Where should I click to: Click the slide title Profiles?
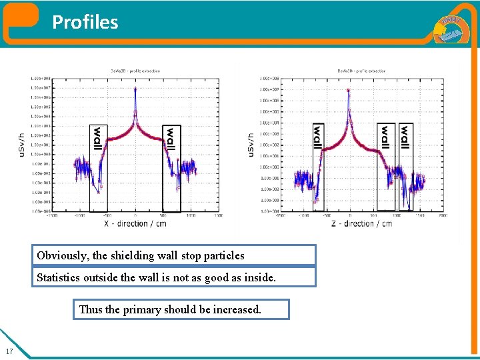[85, 23]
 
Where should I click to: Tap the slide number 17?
[9, 351]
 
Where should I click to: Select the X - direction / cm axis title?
[135, 223]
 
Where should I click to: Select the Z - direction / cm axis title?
[362, 223]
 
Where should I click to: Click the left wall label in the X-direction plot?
[97, 138]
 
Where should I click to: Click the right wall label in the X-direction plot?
[171, 138]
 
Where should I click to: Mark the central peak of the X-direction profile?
[135, 89]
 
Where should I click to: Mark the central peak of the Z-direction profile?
[349, 91]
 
